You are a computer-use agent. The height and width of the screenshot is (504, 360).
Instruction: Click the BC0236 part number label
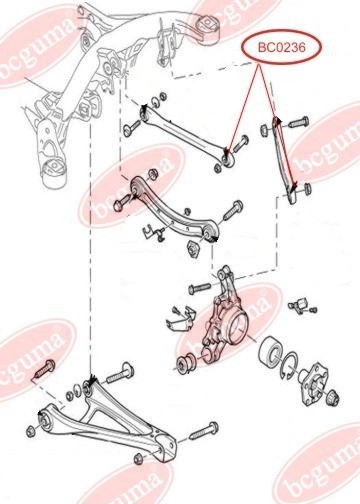tap(282, 47)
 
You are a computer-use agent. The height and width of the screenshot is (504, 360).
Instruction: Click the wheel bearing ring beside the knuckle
tap(272, 353)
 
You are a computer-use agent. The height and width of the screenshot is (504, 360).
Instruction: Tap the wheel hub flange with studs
tap(313, 385)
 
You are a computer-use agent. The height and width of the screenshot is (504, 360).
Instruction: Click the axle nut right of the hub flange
tap(333, 397)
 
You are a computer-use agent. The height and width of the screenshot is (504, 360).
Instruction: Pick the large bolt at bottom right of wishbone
tap(204, 431)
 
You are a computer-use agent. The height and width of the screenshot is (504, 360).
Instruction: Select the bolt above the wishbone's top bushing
tap(120, 374)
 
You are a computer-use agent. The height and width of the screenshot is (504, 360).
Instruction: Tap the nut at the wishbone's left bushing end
tap(30, 431)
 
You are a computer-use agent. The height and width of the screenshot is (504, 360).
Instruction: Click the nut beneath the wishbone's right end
tap(139, 459)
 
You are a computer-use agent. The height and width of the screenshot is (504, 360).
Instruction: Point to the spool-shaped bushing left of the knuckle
tap(187, 364)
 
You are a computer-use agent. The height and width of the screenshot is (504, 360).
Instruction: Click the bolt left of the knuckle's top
tap(200, 288)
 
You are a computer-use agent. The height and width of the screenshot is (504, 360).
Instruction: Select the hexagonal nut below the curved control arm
tap(193, 249)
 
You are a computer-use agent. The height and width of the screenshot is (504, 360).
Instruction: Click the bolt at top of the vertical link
tap(298, 122)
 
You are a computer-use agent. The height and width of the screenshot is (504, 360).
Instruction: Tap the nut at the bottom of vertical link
tap(307, 188)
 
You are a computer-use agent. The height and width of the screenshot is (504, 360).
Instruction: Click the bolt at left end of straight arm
tap(132, 128)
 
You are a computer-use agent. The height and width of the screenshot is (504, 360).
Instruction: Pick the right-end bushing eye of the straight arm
tap(228, 159)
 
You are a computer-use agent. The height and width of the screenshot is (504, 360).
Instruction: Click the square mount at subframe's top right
tap(206, 27)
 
